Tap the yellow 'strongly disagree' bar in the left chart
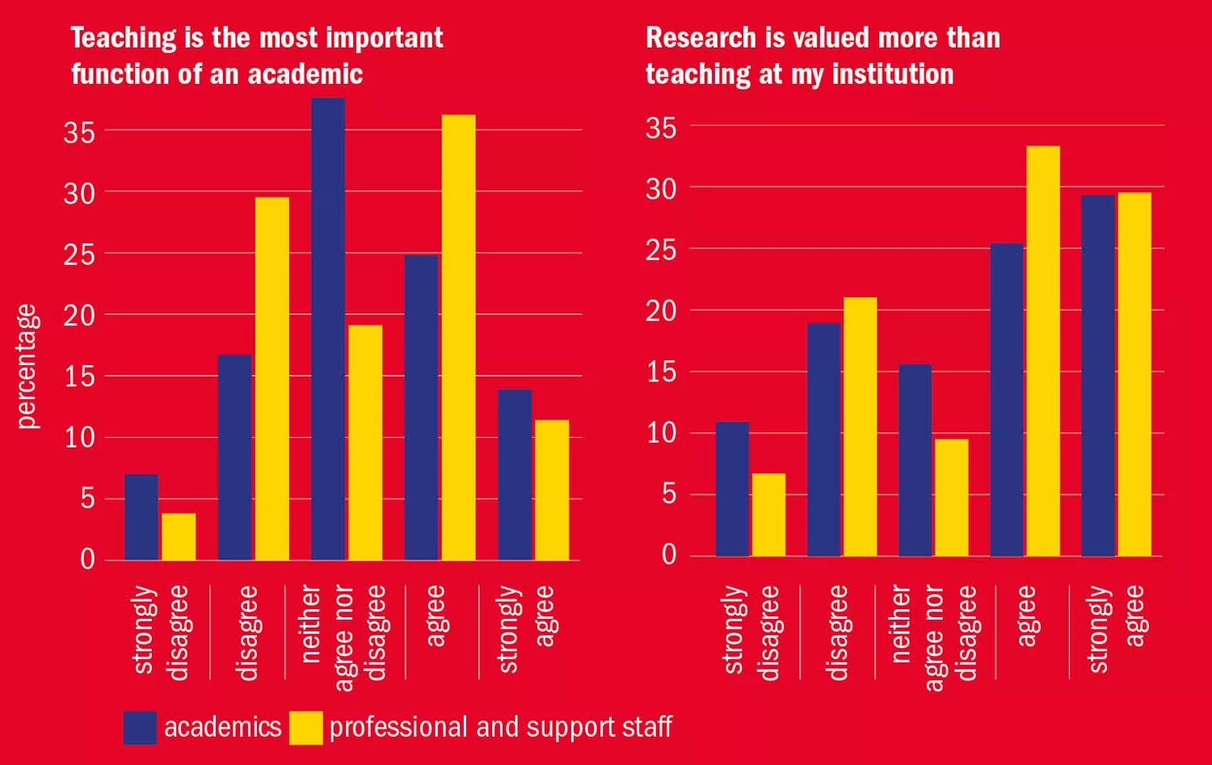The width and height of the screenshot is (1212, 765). click(179, 536)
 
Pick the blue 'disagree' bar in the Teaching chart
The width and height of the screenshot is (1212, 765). click(235, 457)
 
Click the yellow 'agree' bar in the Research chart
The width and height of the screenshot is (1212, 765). click(1042, 351)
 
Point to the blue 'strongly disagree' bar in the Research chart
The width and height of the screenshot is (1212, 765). click(732, 489)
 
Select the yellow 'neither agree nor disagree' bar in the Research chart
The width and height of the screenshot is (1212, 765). click(950, 498)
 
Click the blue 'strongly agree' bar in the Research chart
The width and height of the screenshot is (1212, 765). click(1098, 376)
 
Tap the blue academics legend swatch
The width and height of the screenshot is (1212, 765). click(140, 727)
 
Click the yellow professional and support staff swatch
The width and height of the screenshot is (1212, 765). click(305, 727)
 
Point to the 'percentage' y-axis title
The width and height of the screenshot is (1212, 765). click(27, 366)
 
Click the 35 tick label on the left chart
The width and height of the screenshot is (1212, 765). click(79, 132)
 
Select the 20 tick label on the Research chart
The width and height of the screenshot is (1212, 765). click(660, 311)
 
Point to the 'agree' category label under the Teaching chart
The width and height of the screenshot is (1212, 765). click(435, 616)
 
